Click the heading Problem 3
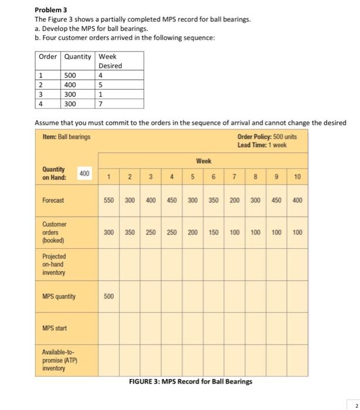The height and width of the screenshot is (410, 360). point(51,11)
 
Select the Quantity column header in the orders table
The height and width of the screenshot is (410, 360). point(77,57)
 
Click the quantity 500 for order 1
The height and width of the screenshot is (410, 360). point(70,76)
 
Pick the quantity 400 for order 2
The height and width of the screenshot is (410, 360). point(70,85)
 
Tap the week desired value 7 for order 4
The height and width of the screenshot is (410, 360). point(101,104)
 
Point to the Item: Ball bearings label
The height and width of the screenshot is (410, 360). point(67,137)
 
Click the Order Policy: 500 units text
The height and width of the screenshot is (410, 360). point(267,137)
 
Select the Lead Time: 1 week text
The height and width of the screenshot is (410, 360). point(262,145)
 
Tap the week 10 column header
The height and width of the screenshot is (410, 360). point(297,176)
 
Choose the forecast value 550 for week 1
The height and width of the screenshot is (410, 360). point(109,200)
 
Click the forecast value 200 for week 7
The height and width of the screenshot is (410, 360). point(234,200)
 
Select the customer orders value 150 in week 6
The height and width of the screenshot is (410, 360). point(213,233)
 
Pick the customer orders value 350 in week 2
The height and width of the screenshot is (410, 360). point(130,233)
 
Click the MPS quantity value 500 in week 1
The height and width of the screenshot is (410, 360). point(109,296)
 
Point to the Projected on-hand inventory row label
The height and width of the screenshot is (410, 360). point(55,264)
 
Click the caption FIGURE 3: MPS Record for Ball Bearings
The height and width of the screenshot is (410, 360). point(191,381)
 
